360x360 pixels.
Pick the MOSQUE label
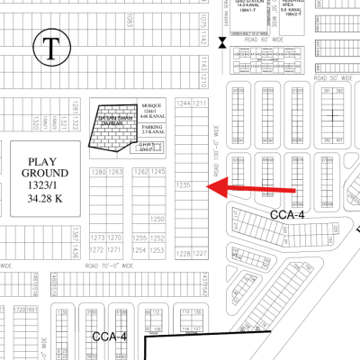tap(150, 105)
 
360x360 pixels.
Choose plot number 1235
tap(183, 184)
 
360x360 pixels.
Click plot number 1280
tap(99, 171)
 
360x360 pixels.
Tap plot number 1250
tap(157, 219)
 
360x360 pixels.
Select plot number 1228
tap(183, 254)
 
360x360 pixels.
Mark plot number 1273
tap(99, 238)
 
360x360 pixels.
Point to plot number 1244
tap(184, 103)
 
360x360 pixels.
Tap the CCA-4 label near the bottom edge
tap(111, 336)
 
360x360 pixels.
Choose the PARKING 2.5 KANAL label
tap(149, 130)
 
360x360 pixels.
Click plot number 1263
tap(116, 171)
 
